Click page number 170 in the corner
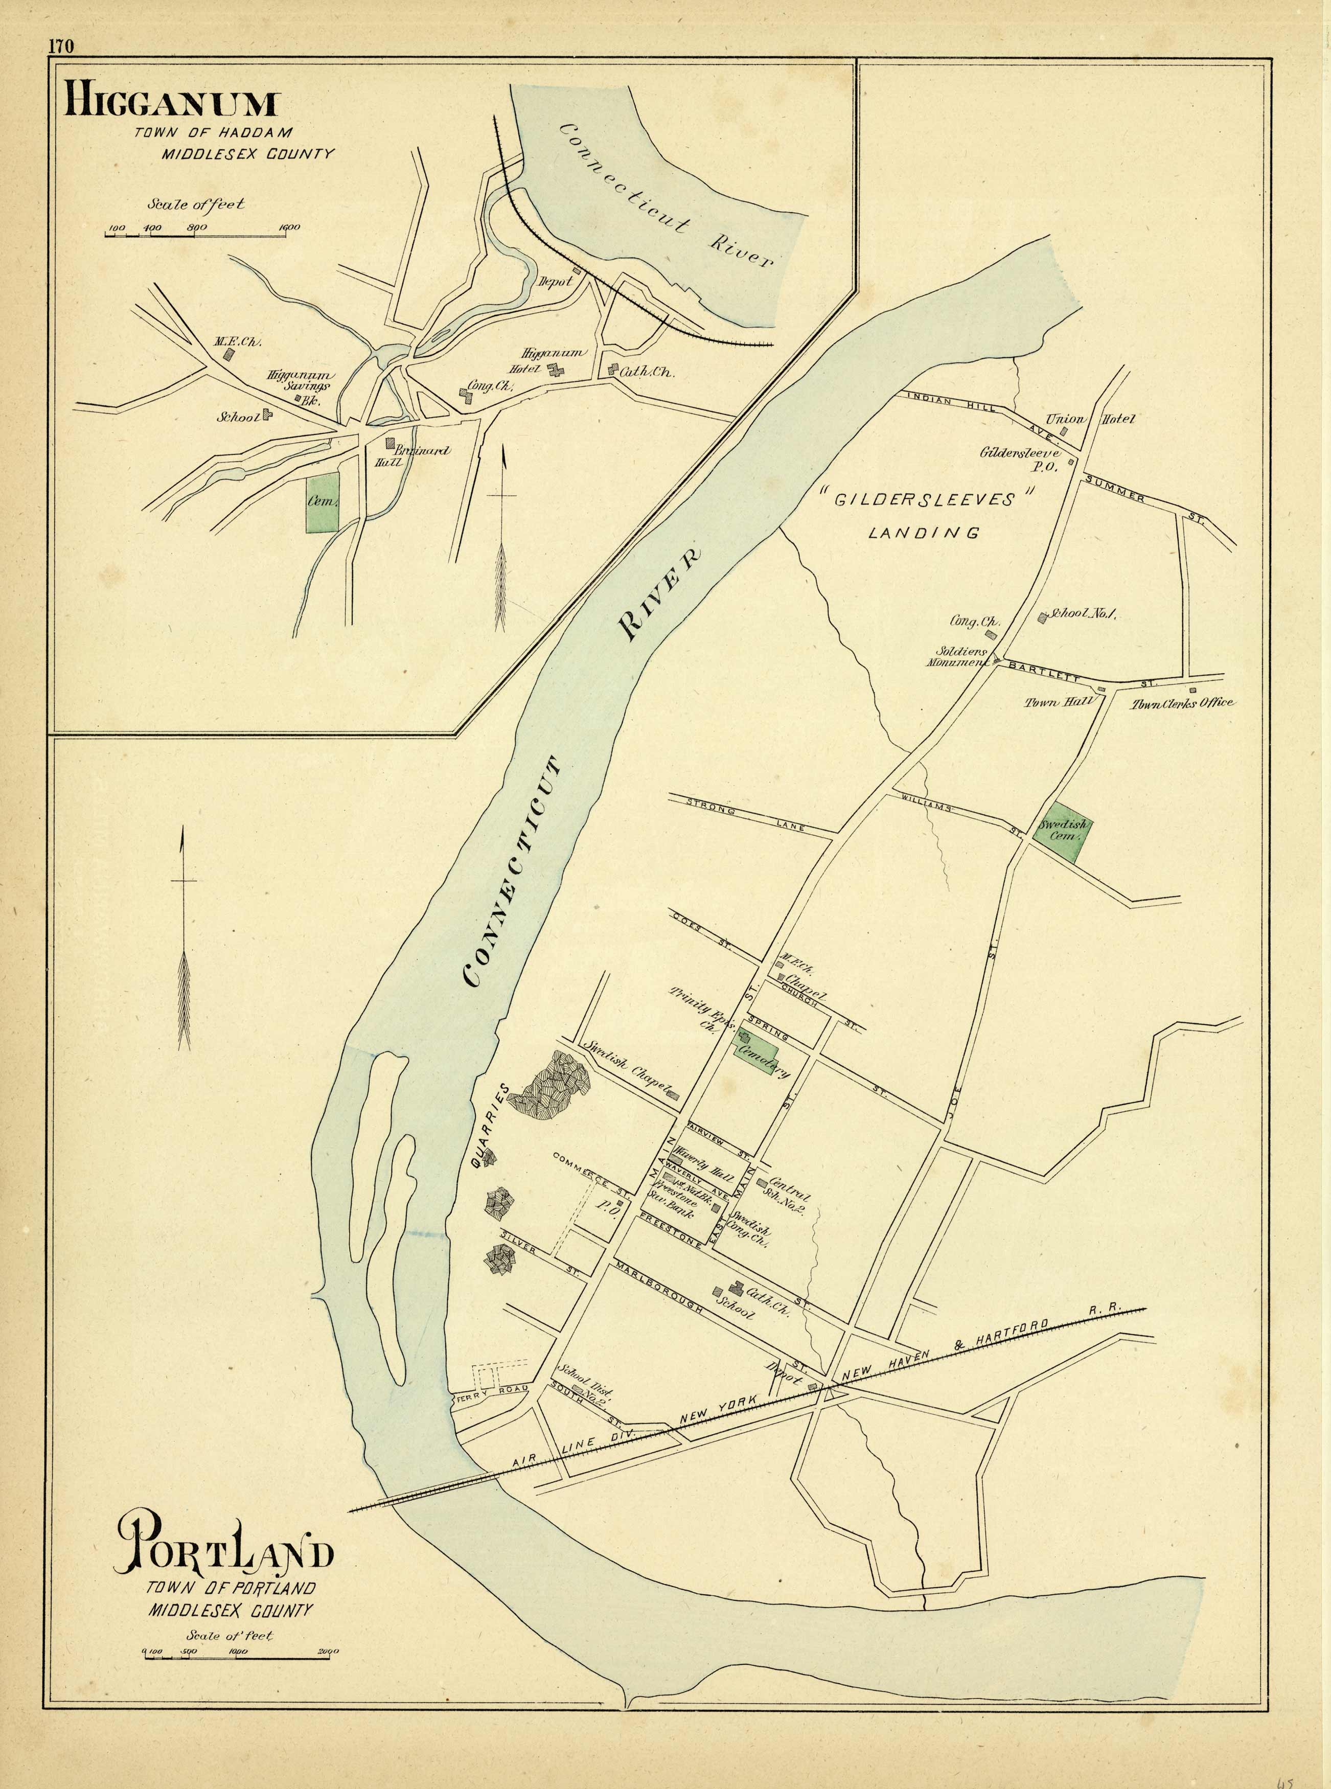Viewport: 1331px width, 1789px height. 60,46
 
